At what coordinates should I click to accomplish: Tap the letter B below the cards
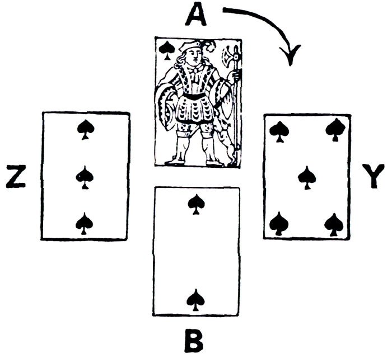coord(194,341)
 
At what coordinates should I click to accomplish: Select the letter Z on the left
coord(16,177)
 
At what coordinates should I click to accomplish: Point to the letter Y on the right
coord(372,177)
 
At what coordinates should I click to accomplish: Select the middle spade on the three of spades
coord(85,177)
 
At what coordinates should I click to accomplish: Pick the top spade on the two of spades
coord(195,204)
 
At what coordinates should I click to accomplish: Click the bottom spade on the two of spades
coord(195,299)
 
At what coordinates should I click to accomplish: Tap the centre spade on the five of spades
coord(306,177)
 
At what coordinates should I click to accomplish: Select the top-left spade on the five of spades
coord(278,130)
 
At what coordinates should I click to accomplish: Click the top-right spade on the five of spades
coord(335,130)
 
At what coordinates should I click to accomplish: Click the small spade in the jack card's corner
coord(166,50)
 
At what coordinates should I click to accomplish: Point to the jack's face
coord(193,55)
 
